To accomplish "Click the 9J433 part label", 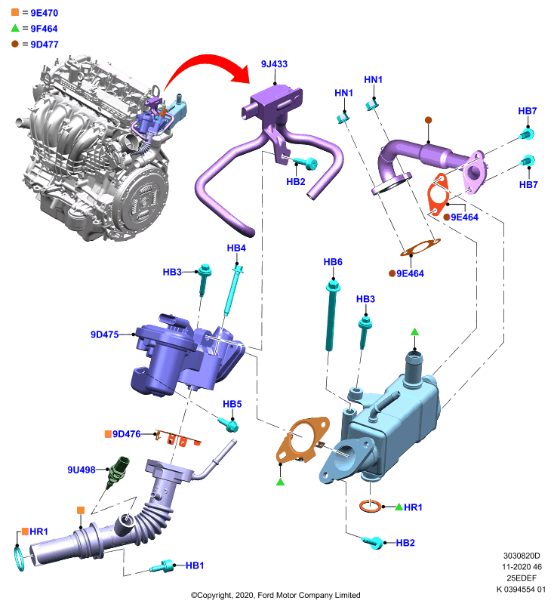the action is pyautogui.click(x=274, y=64).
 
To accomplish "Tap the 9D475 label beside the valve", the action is pyautogui.click(x=104, y=334).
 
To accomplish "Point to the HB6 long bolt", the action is pyautogui.click(x=332, y=316).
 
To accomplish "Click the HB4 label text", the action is pyautogui.click(x=236, y=248).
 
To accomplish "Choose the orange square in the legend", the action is pyautogui.click(x=15, y=12).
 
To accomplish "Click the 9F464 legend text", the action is pyautogui.click(x=44, y=29).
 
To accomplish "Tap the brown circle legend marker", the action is pyautogui.click(x=15, y=44).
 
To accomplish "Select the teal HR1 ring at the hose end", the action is pyautogui.click(x=20, y=558).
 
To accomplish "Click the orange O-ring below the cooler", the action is pyautogui.click(x=371, y=506).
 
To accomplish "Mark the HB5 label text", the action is pyautogui.click(x=232, y=404).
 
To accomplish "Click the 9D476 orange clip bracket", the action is pyautogui.click(x=177, y=438).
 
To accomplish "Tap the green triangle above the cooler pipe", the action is pyautogui.click(x=414, y=332).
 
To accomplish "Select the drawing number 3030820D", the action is pyautogui.click(x=522, y=556).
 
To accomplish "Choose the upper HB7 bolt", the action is pyautogui.click(x=526, y=134).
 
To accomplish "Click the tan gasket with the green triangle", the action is pyautogui.click(x=302, y=439).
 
